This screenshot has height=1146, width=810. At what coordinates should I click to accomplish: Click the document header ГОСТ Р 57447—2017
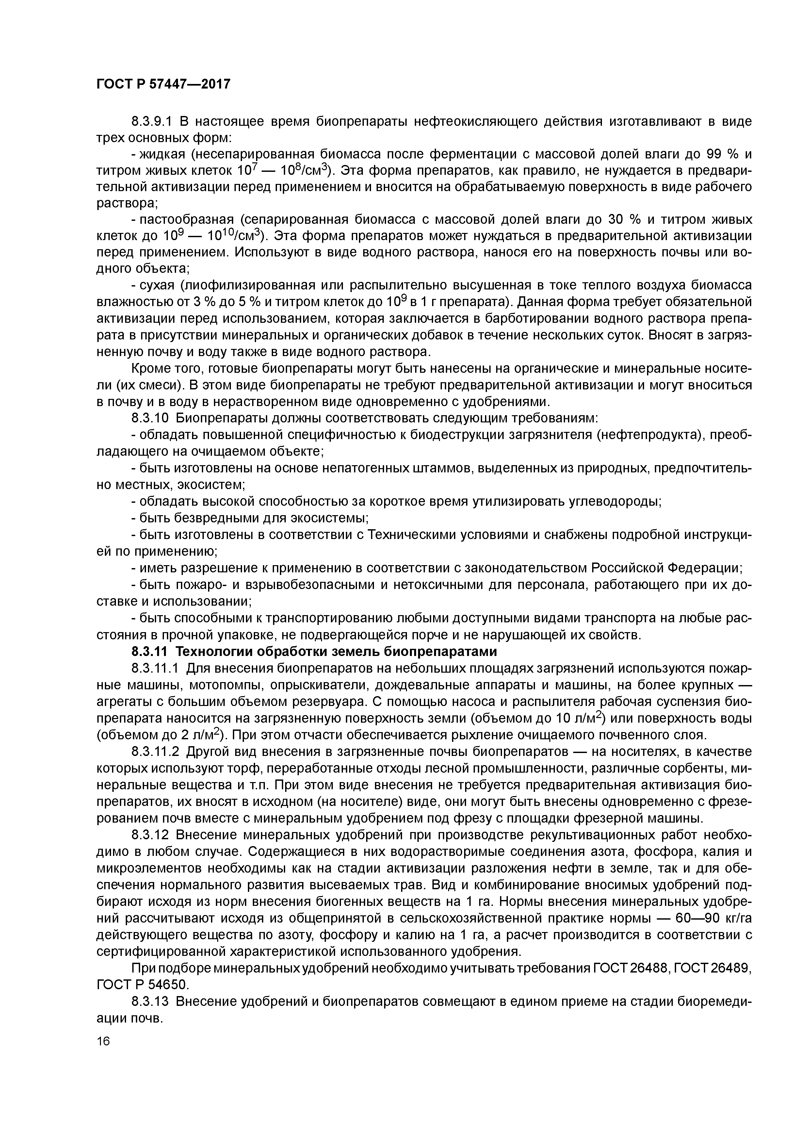pos(163,84)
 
